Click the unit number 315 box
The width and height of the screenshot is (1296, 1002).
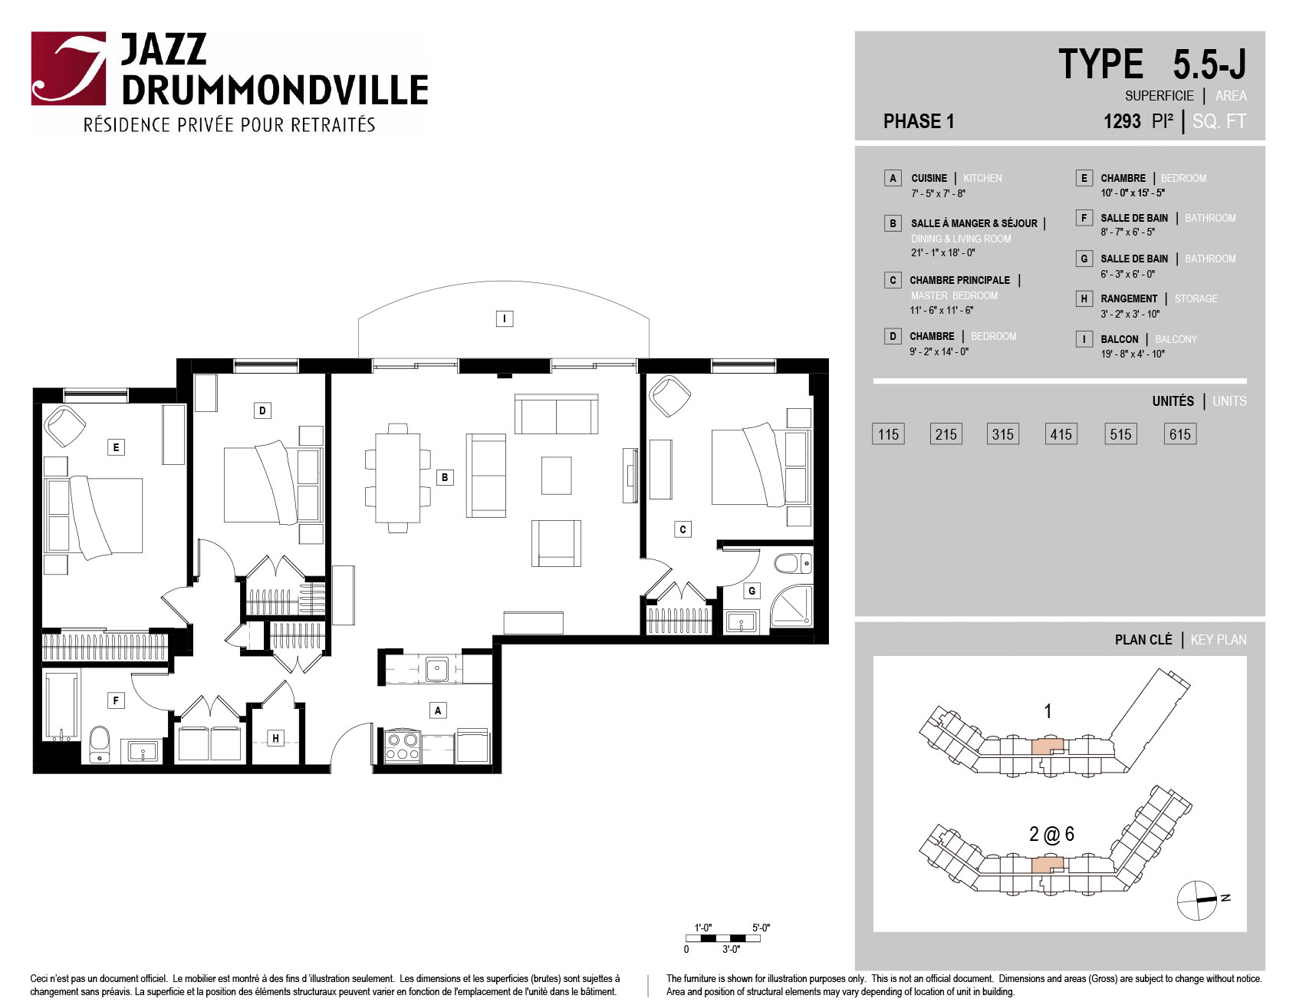[1002, 434]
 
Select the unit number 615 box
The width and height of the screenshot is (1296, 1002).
[1179, 434]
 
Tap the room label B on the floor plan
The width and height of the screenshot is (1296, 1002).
[444, 477]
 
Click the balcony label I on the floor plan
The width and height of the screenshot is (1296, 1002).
[504, 318]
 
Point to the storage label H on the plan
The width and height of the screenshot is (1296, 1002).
[275, 738]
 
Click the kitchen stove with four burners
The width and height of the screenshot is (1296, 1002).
[402, 747]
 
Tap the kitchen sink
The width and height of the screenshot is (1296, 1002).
[437, 669]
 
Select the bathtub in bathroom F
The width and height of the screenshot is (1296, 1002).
[62, 707]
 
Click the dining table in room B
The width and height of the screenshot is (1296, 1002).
[397, 478]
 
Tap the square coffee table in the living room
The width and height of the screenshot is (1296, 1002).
[556, 476]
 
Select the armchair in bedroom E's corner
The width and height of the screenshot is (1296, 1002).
[64, 427]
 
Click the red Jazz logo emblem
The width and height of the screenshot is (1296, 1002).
[68, 68]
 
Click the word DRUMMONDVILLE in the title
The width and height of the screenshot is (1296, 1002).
[275, 90]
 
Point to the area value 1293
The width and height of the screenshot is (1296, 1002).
[1122, 121]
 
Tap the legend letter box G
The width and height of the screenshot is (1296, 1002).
[1084, 259]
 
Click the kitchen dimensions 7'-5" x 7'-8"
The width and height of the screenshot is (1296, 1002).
[938, 193]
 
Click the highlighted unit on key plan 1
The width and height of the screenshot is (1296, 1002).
[1048, 747]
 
